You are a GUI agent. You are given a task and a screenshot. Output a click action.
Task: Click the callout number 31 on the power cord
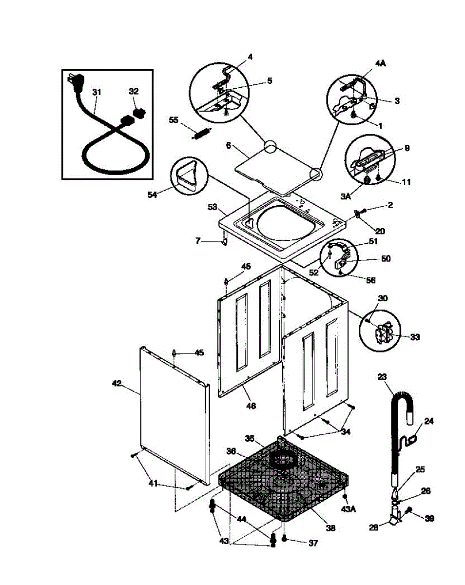pyautogui.click(x=97, y=91)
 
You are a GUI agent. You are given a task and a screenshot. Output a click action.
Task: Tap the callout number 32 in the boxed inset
pyautogui.click(x=134, y=91)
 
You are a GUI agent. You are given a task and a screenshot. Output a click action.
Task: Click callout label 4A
pyautogui.click(x=380, y=63)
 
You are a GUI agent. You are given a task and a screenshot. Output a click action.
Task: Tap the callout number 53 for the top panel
pyautogui.click(x=212, y=208)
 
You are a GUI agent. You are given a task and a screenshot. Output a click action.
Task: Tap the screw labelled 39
pyautogui.click(x=408, y=510)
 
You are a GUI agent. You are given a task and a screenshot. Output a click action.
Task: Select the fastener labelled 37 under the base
pyautogui.click(x=284, y=539)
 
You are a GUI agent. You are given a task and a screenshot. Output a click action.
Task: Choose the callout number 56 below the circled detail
pyautogui.click(x=370, y=281)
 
